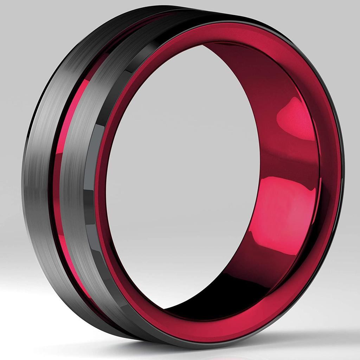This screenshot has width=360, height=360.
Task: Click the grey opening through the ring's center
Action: click(183, 176)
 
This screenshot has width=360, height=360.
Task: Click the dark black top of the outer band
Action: click(141, 16)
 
